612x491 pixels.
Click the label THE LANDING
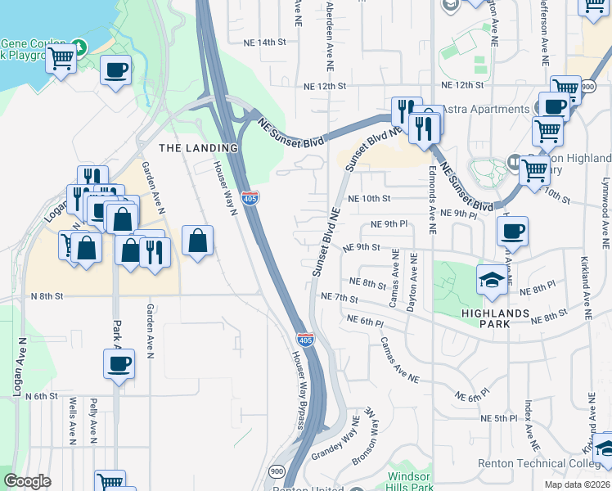coord(198,148)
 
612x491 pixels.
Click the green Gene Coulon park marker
coord(79,44)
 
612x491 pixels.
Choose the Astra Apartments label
coord(485,110)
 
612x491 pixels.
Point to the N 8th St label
coord(47,297)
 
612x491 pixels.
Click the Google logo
coord(27,481)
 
